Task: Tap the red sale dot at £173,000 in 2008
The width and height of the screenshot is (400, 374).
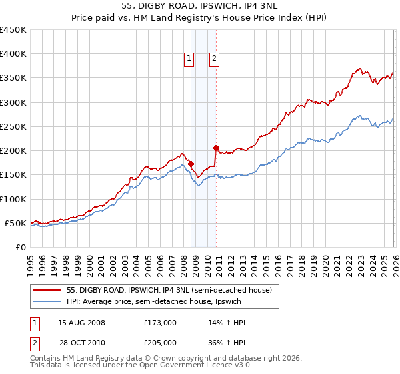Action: [191, 164]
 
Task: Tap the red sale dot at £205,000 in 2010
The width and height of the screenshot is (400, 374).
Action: [216, 148]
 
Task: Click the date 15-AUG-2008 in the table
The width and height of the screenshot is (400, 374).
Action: [81, 323]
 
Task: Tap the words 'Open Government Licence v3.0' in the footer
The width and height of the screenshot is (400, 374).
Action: [179, 368]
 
